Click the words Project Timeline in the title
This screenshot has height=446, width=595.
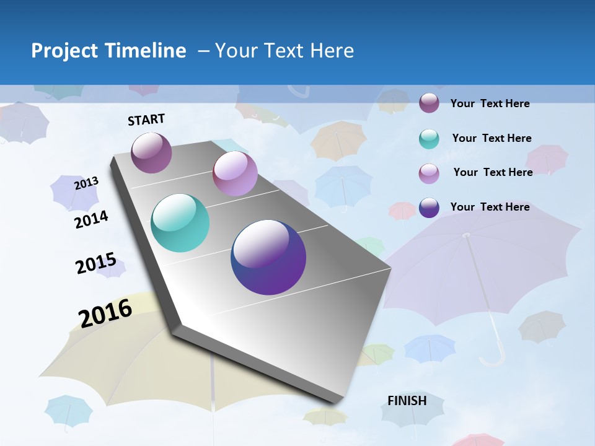108,51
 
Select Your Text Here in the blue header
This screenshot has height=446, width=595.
284,51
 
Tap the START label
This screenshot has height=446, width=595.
146,120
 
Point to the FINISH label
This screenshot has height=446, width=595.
407,401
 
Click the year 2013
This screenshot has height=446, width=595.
86,183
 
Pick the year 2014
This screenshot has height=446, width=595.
91,219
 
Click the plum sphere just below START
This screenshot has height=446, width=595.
152,152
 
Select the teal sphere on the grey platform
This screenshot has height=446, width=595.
180,223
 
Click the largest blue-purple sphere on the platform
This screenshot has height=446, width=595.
268,257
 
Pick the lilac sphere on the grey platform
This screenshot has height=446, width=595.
235,173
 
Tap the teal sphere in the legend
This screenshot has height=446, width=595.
429,139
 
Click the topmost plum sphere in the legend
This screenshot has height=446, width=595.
429,103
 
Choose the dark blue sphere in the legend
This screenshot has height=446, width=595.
429,208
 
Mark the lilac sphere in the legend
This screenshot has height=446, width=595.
429,173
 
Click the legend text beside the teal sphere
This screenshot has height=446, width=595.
491,138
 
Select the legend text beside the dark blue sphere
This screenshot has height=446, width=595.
490,207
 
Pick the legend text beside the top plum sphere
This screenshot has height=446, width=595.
490,103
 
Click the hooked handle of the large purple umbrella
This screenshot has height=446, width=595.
493,356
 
